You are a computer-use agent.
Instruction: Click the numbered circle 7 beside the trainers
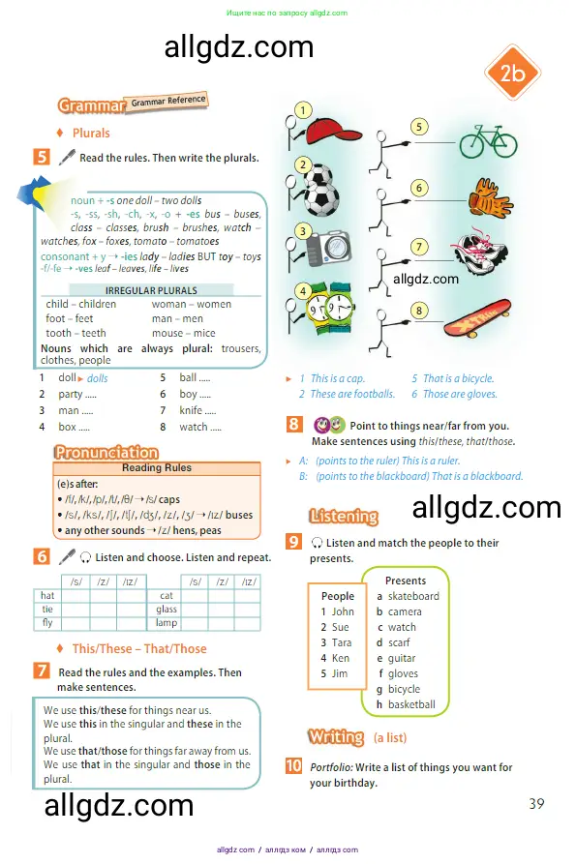coord(419,247)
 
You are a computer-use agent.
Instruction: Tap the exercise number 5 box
coord(42,156)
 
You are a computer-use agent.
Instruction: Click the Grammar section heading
coord(92,105)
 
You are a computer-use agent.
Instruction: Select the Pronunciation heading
coord(106,452)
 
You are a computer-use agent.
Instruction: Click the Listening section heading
coord(344,516)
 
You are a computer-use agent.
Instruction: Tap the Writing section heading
coord(336,737)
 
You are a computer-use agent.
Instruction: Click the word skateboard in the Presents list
coord(413,596)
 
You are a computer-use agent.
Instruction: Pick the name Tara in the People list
coord(341,642)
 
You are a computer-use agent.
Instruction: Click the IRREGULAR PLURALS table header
coord(150,290)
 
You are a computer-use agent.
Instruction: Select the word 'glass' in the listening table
coord(167,610)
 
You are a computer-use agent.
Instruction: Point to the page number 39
coord(538,803)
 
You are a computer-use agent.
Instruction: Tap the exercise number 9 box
coord(293,541)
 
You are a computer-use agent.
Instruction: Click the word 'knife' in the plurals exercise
coord(191,410)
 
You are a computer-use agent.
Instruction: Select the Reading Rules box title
coord(157,468)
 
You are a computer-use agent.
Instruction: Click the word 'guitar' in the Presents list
coord(402,658)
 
